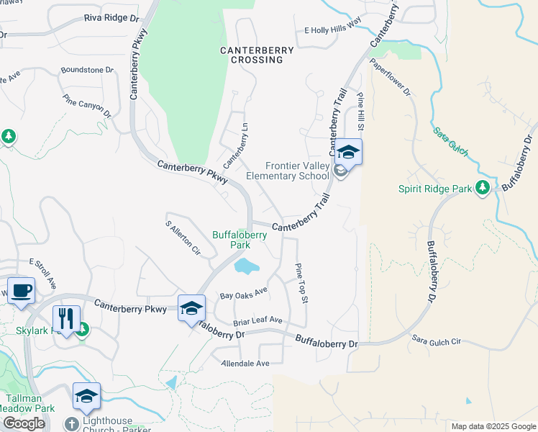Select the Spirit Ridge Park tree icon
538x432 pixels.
[x=483, y=189]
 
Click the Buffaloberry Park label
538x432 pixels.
[x=240, y=239]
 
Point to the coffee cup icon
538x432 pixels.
[x=21, y=290]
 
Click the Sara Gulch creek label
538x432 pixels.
[x=451, y=142]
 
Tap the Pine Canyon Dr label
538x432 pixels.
[x=87, y=106]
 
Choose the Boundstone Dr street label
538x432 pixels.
[x=88, y=71]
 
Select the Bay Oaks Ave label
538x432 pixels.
[x=244, y=294]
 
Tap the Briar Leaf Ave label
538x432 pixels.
[x=257, y=320]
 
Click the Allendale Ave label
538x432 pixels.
[x=245, y=364]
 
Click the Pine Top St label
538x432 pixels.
[x=301, y=282]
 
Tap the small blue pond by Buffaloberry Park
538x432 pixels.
[x=247, y=266]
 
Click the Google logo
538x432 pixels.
[x=24, y=423]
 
